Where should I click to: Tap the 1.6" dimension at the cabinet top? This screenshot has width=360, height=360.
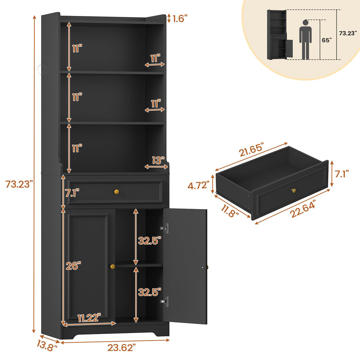(180, 19)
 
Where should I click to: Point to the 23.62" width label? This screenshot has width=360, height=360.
(122, 348)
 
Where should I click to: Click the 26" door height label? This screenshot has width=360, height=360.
(73, 266)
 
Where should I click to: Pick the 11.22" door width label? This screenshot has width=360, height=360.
(89, 318)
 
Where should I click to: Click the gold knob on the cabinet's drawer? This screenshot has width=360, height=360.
(116, 192)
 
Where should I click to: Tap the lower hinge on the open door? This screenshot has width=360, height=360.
(165, 302)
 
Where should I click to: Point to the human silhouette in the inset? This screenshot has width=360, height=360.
(305, 39)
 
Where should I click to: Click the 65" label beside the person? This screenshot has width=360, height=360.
(327, 40)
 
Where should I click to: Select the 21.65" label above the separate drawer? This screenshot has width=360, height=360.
(251, 150)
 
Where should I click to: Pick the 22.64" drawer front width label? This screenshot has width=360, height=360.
(303, 208)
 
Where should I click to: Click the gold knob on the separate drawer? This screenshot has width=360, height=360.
(294, 190)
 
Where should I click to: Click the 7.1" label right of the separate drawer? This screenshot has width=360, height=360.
(342, 174)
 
